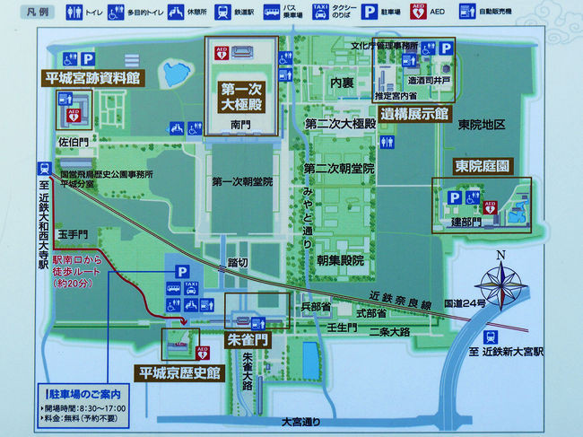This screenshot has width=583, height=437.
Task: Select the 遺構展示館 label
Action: [x=412, y=114]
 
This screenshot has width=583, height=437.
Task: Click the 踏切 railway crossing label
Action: [x=238, y=264]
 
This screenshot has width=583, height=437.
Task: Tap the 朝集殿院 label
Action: [x=340, y=260]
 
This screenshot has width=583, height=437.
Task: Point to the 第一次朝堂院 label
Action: [x=242, y=181]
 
